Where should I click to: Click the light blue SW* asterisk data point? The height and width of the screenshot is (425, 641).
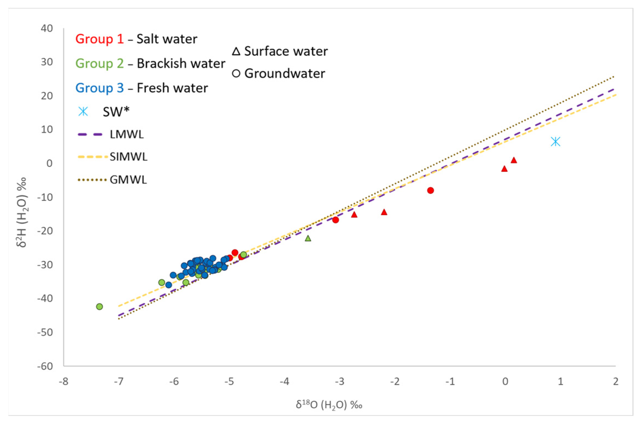(555, 142)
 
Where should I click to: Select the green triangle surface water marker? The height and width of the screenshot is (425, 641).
(308, 238)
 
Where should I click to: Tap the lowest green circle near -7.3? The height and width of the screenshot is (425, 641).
(99, 307)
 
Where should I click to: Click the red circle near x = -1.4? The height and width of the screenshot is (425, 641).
(430, 191)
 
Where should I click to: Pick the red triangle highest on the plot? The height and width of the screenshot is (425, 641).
(513, 160)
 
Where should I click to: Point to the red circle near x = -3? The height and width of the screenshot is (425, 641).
(335, 220)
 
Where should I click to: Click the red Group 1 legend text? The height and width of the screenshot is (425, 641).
(99, 39)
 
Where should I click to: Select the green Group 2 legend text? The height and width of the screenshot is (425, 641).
(99, 64)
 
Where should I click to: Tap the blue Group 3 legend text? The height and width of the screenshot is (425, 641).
(99, 88)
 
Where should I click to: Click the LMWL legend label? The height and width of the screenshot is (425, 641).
(127, 134)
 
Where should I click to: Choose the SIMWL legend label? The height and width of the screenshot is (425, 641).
(128, 157)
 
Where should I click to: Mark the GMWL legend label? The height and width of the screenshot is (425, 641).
(128, 180)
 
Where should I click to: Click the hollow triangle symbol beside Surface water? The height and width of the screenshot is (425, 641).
(236, 51)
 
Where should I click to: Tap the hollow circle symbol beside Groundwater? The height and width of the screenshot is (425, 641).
(236, 74)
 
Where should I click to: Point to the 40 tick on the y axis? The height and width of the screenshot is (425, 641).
(47, 28)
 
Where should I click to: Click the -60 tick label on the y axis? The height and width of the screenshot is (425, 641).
(45, 366)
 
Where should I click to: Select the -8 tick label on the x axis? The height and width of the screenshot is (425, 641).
(64, 382)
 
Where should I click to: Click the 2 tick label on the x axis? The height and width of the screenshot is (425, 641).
(616, 382)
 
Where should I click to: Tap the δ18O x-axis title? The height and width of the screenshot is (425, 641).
(329, 405)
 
